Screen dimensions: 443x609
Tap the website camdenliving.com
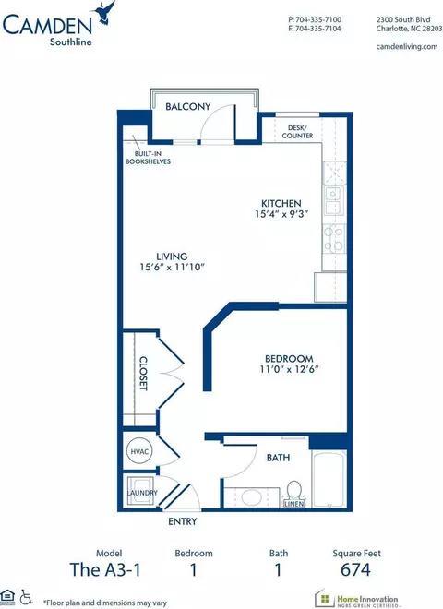tap(407, 47)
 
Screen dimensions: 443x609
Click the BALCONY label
tap(187, 106)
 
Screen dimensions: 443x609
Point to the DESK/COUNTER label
tap(298, 132)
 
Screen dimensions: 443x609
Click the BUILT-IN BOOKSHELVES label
tap(148, 158)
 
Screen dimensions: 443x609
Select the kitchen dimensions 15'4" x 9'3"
tap(281, 214)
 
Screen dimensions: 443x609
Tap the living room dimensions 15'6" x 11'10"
tap(173, 267)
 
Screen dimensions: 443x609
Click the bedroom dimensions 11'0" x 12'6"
tap(289, 369)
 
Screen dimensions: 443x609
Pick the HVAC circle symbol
tap(139, 451)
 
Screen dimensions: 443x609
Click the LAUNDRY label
tap(143, 493)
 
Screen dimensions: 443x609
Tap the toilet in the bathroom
tap(294, 491)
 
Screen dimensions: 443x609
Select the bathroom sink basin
tap(251, 497)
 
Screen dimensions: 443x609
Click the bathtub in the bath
tap(329, 479)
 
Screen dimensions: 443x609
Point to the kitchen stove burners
tap(334, 238)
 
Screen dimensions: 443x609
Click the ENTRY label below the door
tap(182, 521)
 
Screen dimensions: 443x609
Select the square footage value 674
tap(355, 569)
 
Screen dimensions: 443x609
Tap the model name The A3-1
tap(105, 569)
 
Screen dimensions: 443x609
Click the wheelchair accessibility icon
tap(26, 597)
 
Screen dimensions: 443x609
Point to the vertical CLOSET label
tap(143, 374)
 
